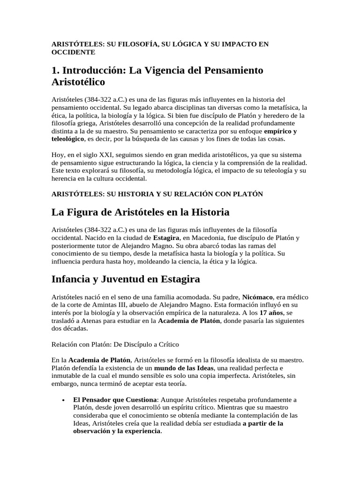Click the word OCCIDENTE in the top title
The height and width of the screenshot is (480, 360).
coord(73,52)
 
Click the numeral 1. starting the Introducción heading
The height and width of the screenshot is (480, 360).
coord(55,70)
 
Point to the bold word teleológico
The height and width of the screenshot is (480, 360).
coord(67,139)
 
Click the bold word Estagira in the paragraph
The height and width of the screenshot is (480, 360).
coord(166,238)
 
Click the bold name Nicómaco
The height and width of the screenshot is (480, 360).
coord(258,297)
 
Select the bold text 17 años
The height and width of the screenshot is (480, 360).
coord(272,313)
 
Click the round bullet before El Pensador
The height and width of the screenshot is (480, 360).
coord(63,400)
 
